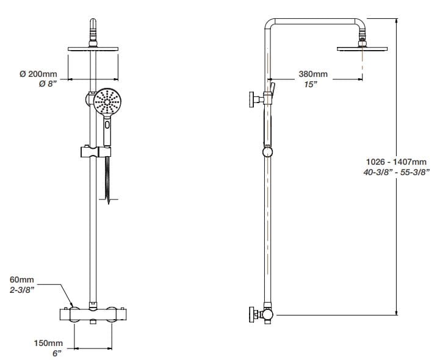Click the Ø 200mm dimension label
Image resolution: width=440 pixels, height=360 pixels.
[39, 74]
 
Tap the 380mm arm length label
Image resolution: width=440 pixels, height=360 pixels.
[312, 74]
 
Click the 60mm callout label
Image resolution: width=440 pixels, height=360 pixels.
[23, 280]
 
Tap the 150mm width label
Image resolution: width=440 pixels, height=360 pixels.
[48, 343]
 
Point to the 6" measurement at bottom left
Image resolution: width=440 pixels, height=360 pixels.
[57, 353]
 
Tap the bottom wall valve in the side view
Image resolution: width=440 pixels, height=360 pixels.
[259, 314]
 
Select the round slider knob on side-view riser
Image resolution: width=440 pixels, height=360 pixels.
[267, 151]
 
